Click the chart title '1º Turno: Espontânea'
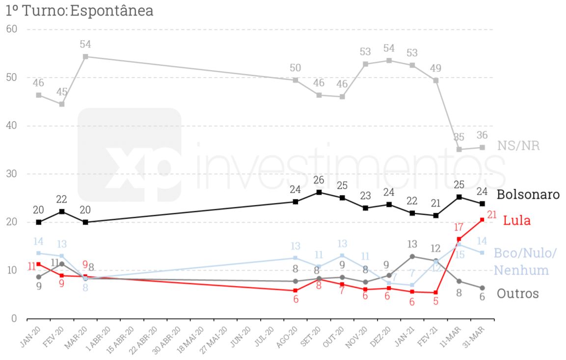(x=80, y=10)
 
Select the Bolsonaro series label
(x=528, y=195)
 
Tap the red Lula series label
(x=517, y=221)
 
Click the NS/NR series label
(x=518, y=146)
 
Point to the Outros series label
(x=518, y=294)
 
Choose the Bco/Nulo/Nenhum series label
(x=525, y=262)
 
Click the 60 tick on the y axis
(x=11, y=29)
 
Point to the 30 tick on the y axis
(x=11, y=174)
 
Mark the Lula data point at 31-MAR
(x=482, y=220)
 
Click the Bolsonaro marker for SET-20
(x=319, y=192)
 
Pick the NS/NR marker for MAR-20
(x=85, y=56)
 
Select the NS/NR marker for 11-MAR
(x=459, y=149)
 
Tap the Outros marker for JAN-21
(x=412, y=257)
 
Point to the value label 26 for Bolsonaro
(x=319, y=180)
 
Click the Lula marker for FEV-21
(x=435, y=293)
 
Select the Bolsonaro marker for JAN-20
(x=39, y=222)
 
